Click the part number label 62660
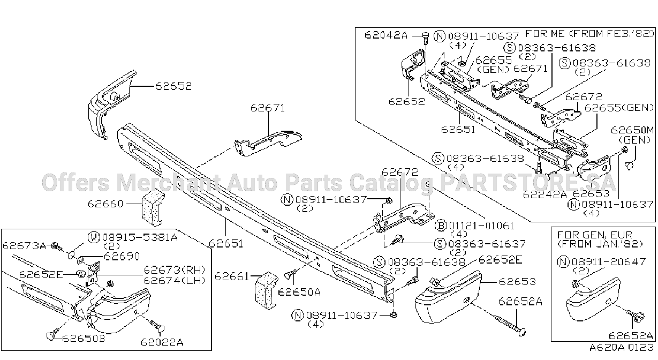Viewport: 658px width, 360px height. coord(105,204)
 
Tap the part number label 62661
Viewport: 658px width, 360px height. coord(232,276)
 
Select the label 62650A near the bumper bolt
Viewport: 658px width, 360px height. coord(299,292)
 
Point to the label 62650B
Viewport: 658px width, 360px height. coord(84,338)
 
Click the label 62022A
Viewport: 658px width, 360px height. coord(162,342)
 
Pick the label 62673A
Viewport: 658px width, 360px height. coord(25,245)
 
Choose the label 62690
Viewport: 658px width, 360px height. coord(122,257)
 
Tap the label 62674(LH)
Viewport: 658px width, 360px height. coord(175,280)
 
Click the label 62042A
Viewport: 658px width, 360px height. coord(386,35)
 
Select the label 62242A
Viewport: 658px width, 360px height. coord(545,194)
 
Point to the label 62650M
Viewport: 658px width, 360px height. coord(632,130)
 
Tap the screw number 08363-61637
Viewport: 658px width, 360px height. coord(485,244)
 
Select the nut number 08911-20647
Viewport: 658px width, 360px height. coord(608,261)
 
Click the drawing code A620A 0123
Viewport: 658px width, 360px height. coord(622,348)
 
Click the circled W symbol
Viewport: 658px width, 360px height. coord(94,237)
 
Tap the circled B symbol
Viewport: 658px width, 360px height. coord(441,226)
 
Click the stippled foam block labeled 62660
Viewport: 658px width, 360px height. coord(153,207)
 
